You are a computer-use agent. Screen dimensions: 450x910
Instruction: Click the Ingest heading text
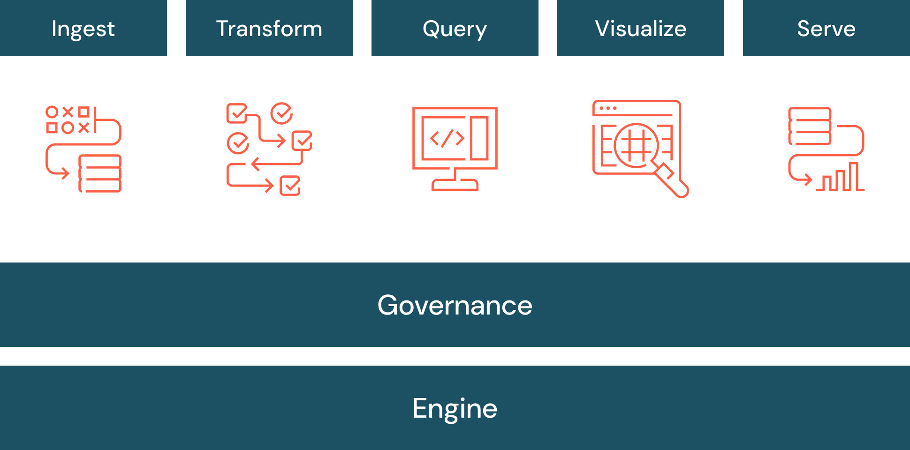pyautogui.click(x=83, y=29)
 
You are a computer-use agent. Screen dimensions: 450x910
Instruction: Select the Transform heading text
pyautogui.click(x=269, y=29)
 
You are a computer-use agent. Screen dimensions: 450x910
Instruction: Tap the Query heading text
pyautogui.click(x=455, y=29)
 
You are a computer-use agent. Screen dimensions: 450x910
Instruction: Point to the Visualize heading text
pyautogui.click(x=640, y=29)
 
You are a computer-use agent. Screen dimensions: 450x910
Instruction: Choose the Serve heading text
pyautogui.click(x=826, y=29)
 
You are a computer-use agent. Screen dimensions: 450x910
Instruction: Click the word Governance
pyautogui.click(x=455, y=306)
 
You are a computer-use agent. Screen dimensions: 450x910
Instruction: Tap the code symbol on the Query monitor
pyautogui.click(x=447, y=138)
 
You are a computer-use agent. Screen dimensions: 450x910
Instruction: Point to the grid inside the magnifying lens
pyautogui.click(x=637, y=145)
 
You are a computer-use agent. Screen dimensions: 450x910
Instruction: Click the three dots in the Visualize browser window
pyautogui.click(x=608, y=108)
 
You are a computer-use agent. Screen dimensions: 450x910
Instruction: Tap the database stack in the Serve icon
pyautogui.click(x=810, y=126)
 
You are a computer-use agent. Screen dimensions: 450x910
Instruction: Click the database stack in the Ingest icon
pyautogui.click(x=100, y=173)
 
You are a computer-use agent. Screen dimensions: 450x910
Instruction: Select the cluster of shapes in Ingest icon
pyautogui.click(x=68, y=120)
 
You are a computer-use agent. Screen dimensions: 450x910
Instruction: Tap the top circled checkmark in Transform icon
pyautogui.click(x=281, y=113)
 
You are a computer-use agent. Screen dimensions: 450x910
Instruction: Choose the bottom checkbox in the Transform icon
pyautogui.click(x=290, y=186)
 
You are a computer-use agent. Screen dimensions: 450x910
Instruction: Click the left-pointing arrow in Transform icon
pyautogui.click(x=256, y=164)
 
